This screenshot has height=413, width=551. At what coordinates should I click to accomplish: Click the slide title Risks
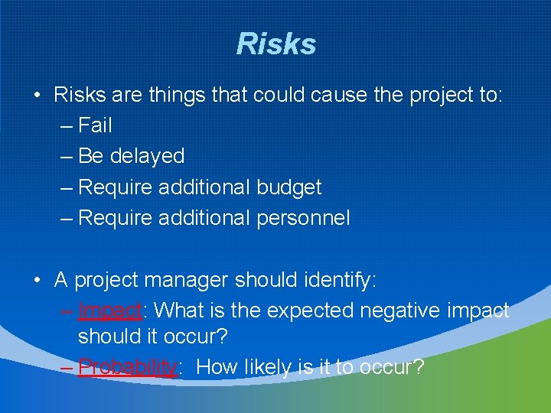pos(275,44)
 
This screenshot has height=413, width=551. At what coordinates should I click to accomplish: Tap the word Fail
pos(96,125)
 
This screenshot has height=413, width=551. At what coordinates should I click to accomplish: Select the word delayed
pos(148,157)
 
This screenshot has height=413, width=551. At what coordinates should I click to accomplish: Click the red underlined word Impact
pos(110,311)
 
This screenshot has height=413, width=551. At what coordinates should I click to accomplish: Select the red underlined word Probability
pos(128,368)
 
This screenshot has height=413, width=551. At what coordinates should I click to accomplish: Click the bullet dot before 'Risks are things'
pos(37,96)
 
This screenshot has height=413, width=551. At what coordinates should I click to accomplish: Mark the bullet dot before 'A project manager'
pos(37,281)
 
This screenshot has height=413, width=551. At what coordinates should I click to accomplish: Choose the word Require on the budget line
pos(115,187)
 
